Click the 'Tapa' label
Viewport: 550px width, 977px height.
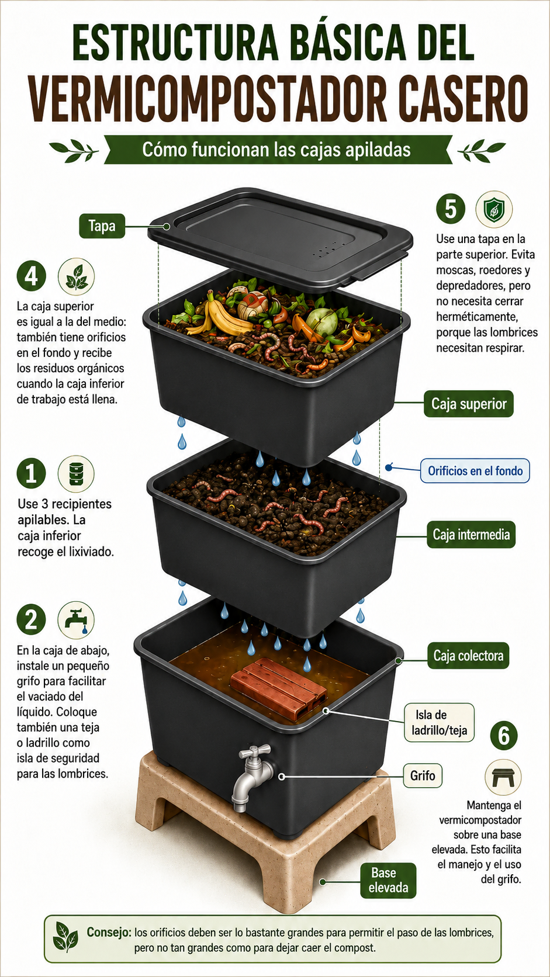[x=102, y=226]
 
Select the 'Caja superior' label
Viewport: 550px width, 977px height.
[x=468, y=404]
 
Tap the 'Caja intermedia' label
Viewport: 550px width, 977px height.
[x=471, y=535]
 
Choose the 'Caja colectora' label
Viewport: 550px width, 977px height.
[x=468, y=656]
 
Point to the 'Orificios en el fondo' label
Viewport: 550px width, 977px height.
[x=475, y=470]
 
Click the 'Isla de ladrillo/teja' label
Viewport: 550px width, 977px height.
[x=439, y=723]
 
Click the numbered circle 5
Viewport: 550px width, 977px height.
[x=451, y=209]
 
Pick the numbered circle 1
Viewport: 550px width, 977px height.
[x=31, y=473]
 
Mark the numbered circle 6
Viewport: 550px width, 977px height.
[x=504, y=736]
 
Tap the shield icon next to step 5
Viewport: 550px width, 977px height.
[x=494, y=209]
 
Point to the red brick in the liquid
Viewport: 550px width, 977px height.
[x=279, y=689]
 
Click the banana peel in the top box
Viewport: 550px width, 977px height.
[x=220, y=315]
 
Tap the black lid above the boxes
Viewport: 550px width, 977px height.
[x=280, y=238]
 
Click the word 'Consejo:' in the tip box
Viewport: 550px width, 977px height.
[x=109, y=932]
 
